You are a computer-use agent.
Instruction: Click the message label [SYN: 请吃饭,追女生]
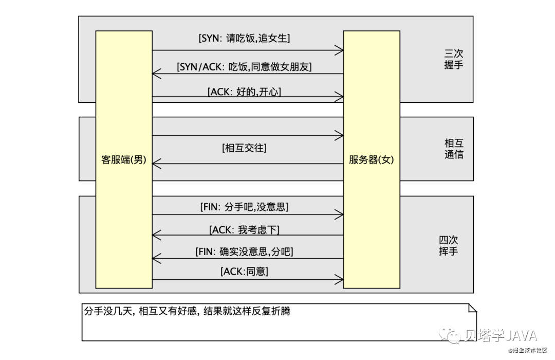(x=248, y=38)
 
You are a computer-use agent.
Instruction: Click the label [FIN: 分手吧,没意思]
(x=244, y=207)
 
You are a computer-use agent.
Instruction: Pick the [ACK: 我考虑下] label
(x=244, y=230)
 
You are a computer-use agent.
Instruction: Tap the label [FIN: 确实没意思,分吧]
(x=244, y=252)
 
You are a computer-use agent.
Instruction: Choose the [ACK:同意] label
(x=244, y=271)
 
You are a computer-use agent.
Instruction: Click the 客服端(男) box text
(x=124, y=160)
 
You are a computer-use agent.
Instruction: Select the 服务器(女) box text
(x=371, y=160)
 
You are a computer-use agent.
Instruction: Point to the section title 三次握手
(x=454, y=60)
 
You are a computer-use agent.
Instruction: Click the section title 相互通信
(x=454, y=148)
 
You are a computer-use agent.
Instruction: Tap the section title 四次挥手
(x=448, y=245)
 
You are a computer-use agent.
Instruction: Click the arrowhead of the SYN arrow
(x=340, y=50)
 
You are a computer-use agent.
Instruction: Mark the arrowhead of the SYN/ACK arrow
(x=156, y=74)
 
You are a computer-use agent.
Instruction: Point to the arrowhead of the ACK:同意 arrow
(x=340, y=280)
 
